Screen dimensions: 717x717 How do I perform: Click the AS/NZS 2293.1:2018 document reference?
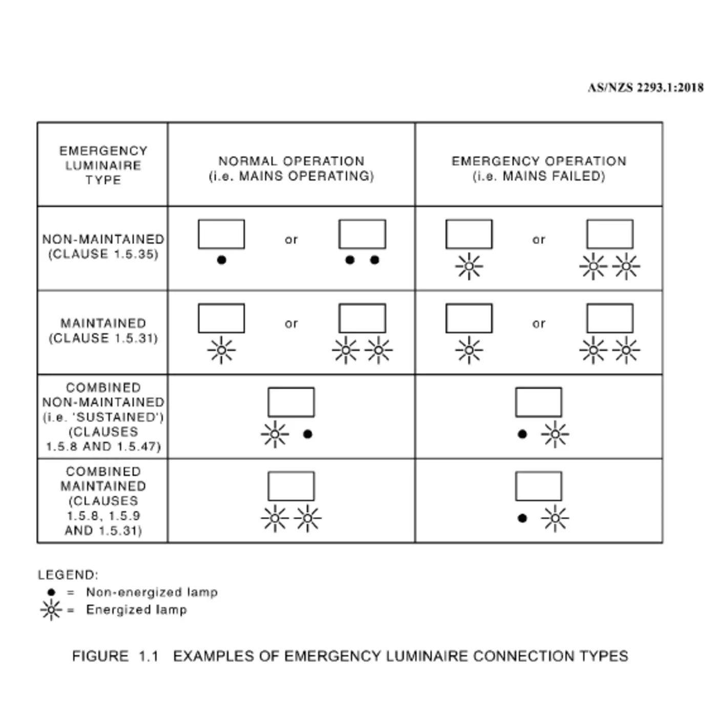[x=645, y=88]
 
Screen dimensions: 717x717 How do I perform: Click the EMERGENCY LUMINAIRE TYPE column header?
[x=103, y=165]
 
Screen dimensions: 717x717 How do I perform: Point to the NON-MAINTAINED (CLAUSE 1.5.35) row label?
[x=103, y=247]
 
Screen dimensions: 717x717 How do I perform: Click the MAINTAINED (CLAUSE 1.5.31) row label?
[x=103, y=331]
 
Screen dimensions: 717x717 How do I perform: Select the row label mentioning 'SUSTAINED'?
[x=103, y=417]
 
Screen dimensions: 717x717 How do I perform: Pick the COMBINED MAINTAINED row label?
[x=103, y=501]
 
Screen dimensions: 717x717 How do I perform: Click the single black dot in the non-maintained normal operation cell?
[x=221, y=260]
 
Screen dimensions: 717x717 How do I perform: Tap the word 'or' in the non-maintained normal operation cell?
[x=291, y=240]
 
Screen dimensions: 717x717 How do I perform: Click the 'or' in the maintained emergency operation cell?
[x=539, y=324]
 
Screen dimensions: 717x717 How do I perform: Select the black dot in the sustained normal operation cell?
[x=307, y=434]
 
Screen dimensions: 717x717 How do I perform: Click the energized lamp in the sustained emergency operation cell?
[x=555, y=434]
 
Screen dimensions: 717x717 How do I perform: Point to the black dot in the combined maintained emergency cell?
[x=522, y=518]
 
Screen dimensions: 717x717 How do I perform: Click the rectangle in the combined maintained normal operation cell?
[x=291, y=486]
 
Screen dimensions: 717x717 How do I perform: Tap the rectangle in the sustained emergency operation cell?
[x=538, y=402]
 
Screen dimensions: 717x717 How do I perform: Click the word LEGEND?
[x=68, y=575]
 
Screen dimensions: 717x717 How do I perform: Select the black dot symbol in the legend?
[x=51, y=593]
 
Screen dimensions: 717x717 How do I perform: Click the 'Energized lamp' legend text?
[x=136, y=610]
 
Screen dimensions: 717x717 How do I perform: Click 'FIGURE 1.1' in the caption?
[x=115, y=656]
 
